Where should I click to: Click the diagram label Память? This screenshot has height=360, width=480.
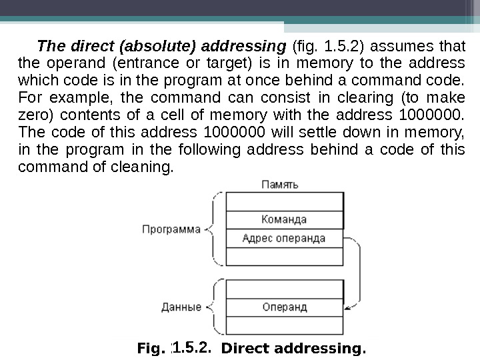point(279,183)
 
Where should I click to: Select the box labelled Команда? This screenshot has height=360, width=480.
point(285,219)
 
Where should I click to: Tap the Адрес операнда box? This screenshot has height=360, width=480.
point(285,238)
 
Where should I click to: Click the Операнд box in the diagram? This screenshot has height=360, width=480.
point(285,307)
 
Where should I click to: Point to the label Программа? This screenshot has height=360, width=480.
point(171,229)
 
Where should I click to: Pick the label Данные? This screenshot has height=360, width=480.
point(181,307)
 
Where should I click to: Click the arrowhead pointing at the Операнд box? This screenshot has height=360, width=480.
point(347,303)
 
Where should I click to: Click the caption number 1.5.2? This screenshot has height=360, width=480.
point(192,347)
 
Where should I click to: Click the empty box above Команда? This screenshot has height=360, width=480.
point(285,201)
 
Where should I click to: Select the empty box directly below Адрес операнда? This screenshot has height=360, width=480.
point(285,256)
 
